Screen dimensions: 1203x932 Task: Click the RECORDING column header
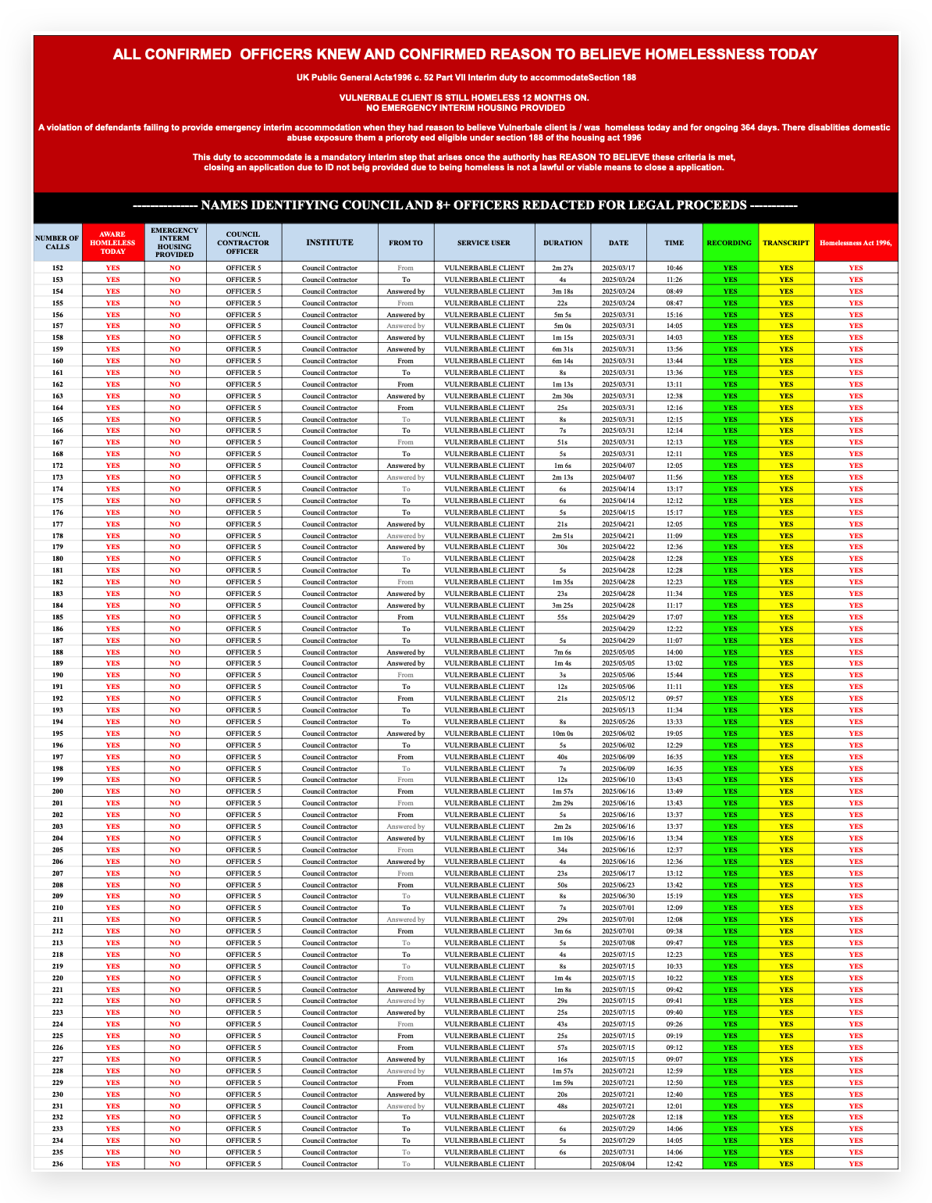(730, 243)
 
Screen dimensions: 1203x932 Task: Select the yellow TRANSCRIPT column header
(786, 243)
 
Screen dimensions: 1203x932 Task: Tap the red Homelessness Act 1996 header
(856, 243)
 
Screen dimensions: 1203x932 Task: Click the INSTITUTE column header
(329, 243)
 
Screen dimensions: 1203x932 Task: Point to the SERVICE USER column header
(484, 243)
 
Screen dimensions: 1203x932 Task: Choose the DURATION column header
(563, 243)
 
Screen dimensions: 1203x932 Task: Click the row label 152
(56, 268)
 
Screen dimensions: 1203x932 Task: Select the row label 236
(56, 1164)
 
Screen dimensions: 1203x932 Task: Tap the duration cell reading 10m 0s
(563, 734)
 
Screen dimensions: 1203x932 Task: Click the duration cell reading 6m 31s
(563, 349)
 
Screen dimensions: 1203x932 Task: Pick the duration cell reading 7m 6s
(563, 652)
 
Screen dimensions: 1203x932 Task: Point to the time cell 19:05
(674, 734)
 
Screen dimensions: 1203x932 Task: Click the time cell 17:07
(674, 617)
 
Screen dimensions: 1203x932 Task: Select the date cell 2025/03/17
(619, 268)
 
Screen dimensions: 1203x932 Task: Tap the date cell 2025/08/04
(619, 1164)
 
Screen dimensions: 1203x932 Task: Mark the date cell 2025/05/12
(619, 698)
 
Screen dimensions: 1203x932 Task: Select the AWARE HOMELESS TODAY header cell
(112, 243)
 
